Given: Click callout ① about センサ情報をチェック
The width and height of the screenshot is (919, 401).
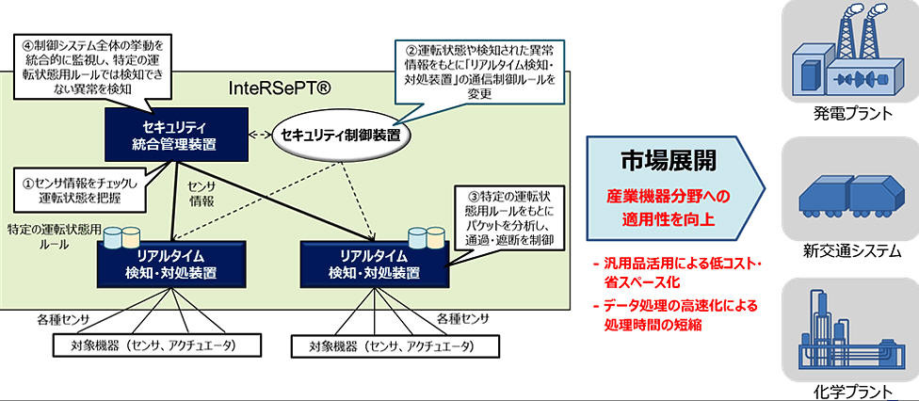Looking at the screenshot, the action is click(78, 192).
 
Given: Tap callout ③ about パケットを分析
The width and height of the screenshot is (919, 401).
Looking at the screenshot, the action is click(507, 217).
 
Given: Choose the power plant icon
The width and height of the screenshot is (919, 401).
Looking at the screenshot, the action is click(846, 54).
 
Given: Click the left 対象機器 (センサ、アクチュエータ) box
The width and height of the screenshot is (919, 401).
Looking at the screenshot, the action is click(156, 345).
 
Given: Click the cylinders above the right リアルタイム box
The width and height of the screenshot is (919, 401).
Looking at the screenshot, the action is click(427, 236).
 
